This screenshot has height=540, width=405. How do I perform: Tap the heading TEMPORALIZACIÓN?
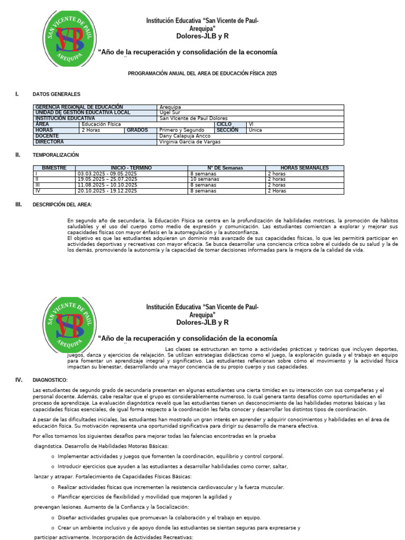pos(55,155)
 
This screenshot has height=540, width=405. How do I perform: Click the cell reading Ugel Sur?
pos(169,113)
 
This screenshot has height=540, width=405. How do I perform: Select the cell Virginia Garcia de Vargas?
pos(190,142)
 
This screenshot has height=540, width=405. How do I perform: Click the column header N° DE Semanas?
pos(225,168)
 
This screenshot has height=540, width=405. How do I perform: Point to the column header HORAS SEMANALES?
pos(304,168)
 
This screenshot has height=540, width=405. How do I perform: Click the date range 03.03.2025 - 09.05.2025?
pos(108,173)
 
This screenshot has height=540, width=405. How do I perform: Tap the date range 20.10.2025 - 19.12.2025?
pos(108,191)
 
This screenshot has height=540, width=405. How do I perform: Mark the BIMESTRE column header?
pos(54,168)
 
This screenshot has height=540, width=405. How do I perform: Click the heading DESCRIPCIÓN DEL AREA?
pos(62,205)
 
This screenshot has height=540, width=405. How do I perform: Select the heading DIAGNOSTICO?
pos(50,380)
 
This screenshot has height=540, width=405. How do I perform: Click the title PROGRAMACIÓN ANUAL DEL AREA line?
pos(202,74)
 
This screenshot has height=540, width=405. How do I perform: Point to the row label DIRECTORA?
pos(50,142)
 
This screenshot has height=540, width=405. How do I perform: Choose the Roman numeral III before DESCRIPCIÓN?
pos(18,205)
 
